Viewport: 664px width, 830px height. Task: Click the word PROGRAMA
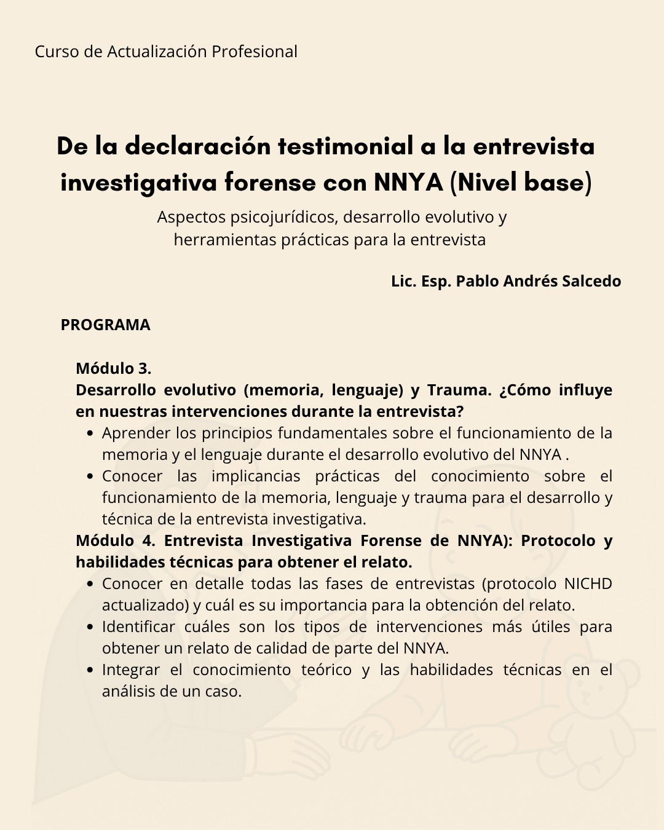(x=105, y=325)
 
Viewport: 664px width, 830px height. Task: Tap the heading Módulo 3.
(x=113, y=368)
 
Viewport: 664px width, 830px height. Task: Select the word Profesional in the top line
(x=254, y=52)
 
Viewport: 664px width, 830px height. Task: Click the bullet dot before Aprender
(x=90, y=433)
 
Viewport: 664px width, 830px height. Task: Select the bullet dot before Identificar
(x=90, y=627)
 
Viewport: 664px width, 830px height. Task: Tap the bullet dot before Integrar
(x=90, y=670)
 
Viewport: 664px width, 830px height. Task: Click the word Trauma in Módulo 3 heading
(x=459, y=390)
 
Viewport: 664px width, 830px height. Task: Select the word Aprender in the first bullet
(x=136, y=433)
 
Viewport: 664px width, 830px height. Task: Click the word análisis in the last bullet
(x=128, y=692)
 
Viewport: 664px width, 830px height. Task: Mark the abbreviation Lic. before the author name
(x=403, y=281)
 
